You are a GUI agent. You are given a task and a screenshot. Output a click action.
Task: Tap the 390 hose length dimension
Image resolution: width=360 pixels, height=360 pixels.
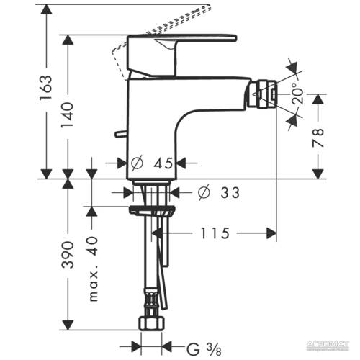tap(69, 252)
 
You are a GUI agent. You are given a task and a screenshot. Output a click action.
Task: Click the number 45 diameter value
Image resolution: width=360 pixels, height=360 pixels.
tap(164, 163)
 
